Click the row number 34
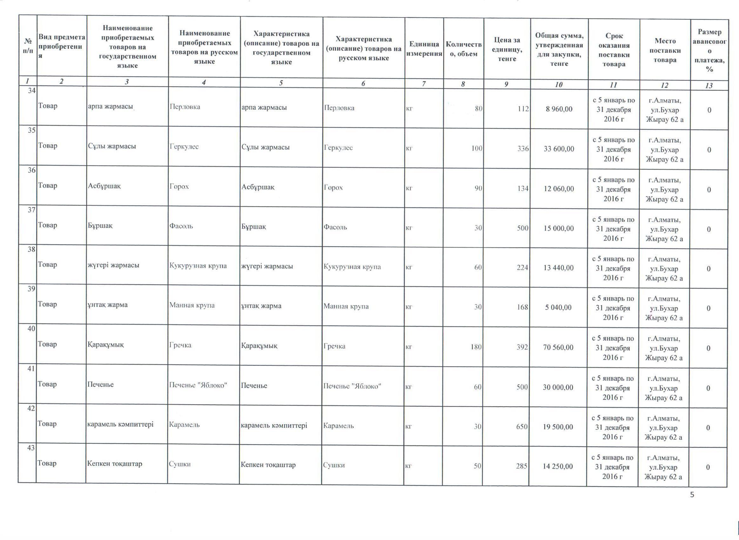31,91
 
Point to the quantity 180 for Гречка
476,347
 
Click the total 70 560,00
558,348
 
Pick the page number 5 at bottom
692,495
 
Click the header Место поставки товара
665,50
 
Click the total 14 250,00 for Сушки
558,466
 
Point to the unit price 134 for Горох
523,188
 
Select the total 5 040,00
558,307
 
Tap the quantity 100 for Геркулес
477,148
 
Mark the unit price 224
522,268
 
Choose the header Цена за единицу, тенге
507,49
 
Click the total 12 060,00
559,189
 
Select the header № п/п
28,46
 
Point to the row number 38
31,249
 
